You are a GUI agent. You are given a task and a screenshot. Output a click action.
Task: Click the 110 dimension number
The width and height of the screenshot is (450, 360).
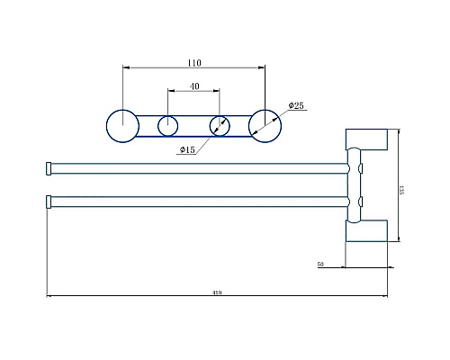point(193,63)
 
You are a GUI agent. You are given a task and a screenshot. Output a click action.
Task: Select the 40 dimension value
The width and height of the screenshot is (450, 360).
point(193,86)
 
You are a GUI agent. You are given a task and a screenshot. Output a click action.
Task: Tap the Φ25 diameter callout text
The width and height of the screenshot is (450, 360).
point(295,106)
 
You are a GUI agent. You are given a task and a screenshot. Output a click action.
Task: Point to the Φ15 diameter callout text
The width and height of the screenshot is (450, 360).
point(187,148)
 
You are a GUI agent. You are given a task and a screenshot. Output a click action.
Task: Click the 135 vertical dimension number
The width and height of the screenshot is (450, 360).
point(400,190)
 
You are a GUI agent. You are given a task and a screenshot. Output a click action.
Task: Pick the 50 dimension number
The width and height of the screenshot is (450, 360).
point(320,265)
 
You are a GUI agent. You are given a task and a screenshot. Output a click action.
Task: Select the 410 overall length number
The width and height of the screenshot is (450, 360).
point(217,292)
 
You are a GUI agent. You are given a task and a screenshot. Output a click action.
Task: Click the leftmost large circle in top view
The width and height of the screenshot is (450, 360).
point(121,124)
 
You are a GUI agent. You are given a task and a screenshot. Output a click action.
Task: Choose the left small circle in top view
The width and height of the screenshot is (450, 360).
point(168,125)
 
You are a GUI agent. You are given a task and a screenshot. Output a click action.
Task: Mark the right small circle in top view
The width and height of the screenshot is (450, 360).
point(220,125)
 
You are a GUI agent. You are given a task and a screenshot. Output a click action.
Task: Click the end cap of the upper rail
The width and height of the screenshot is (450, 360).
point(49,167)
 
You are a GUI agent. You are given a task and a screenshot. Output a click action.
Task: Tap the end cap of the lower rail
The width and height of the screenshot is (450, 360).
point(49,202)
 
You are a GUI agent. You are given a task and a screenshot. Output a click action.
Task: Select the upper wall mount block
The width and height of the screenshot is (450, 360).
point(367,139)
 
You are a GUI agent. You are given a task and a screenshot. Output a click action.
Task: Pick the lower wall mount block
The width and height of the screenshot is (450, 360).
point(367,231)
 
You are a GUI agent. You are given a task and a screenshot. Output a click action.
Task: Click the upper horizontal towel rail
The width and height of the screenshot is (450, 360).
point(198,167)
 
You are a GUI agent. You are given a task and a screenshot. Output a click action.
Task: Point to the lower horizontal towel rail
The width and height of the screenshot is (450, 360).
point(198,202)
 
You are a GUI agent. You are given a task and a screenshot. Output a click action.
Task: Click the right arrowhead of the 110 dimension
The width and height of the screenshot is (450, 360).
point(263,67)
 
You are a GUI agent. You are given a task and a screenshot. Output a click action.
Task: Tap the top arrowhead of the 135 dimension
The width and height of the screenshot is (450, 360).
point(398,132)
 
